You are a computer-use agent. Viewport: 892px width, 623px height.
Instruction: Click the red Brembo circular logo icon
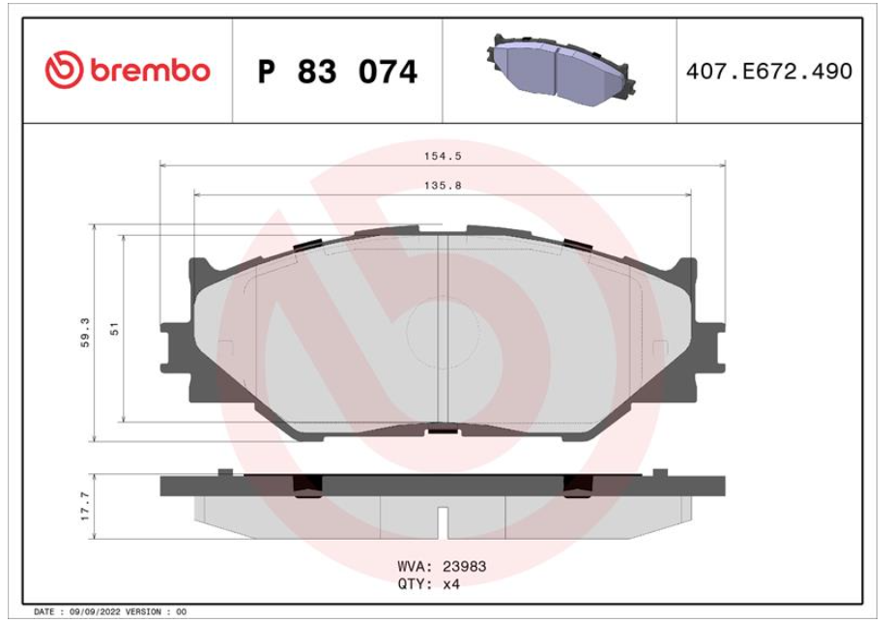coord(65,70)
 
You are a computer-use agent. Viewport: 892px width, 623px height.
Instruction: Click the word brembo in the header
coord(150,71)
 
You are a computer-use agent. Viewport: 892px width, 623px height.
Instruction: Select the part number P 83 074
coord(337,72)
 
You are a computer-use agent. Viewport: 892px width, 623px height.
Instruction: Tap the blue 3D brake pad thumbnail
coord(561,70)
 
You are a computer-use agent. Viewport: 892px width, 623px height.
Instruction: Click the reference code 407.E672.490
coord(769,72)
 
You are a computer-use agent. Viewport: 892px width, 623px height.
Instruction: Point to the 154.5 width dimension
coord(443,156)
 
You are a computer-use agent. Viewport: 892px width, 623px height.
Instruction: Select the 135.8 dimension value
coord(443,186)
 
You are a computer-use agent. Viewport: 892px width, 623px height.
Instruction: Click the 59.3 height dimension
coord(85,333)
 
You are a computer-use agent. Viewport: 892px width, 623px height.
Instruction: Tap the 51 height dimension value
coord(114,329)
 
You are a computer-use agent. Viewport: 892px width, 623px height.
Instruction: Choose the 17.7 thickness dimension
coord(85,506)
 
